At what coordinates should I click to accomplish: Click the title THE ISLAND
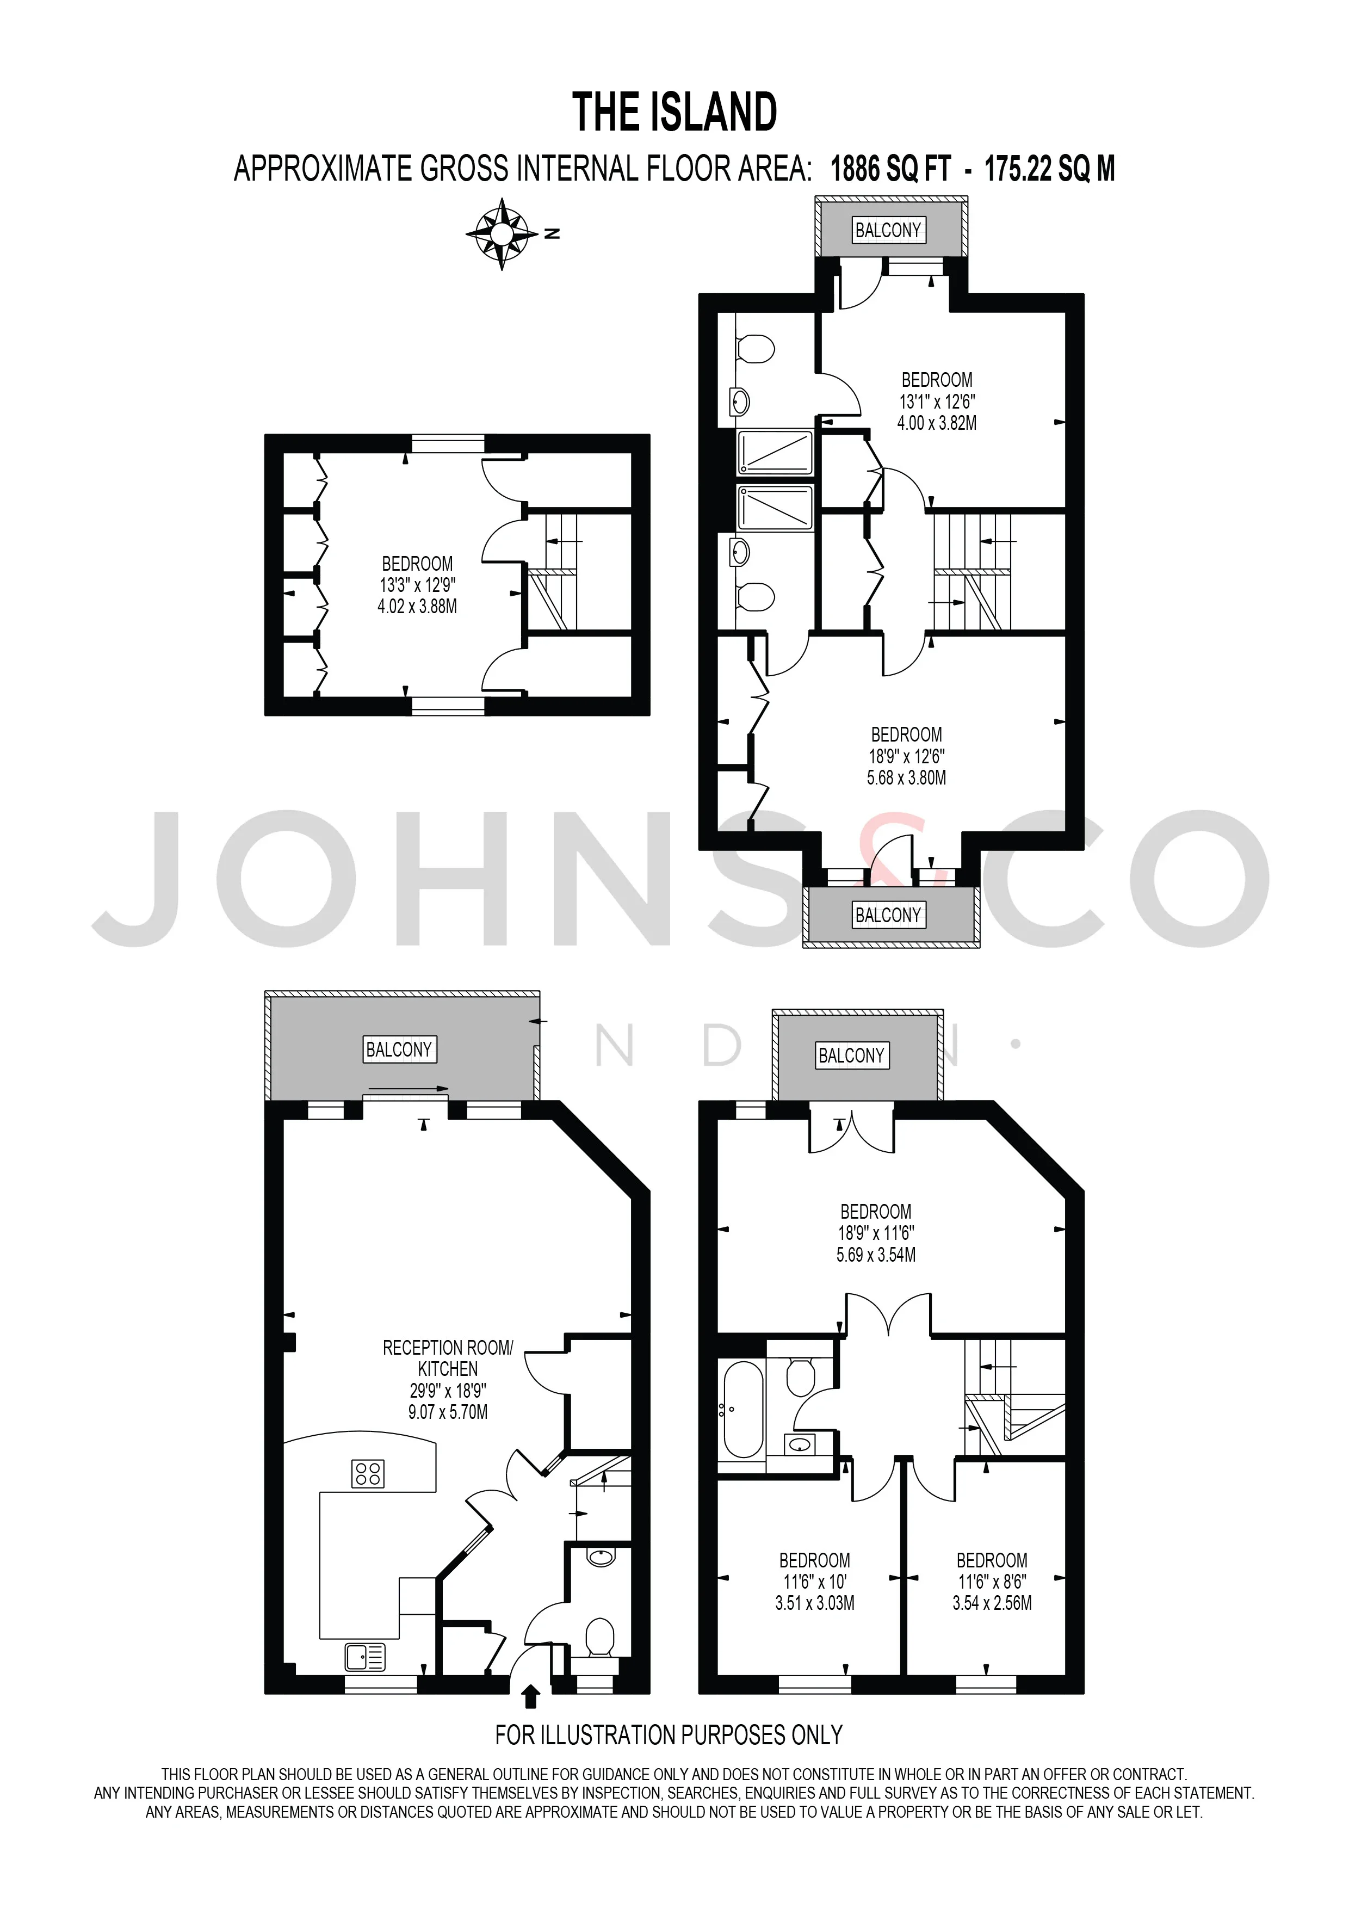coord(674,113)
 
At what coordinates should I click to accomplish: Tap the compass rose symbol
coord(502,234)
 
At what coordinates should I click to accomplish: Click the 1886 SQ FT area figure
coord(890,170)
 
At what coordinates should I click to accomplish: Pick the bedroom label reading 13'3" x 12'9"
coord(417,585)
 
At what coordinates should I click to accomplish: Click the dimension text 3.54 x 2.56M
coord(992,1603)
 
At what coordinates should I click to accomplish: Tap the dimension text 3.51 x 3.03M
coord(815,1603)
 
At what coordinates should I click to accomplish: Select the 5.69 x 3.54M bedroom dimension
coord(876,1255)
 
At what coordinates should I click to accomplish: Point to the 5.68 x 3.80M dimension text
coord(906,778)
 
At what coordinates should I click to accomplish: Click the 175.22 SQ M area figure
coord(1050,170)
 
